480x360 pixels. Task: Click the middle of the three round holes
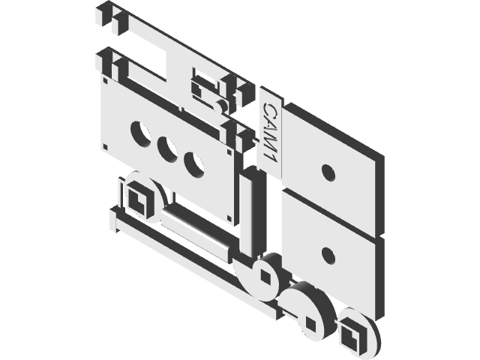(167, 146)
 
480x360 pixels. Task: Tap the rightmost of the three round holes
(194, 163)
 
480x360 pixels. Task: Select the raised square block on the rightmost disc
(350, 331)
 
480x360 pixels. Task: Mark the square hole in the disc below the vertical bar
(264, 276)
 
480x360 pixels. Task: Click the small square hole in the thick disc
(310, 323)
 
